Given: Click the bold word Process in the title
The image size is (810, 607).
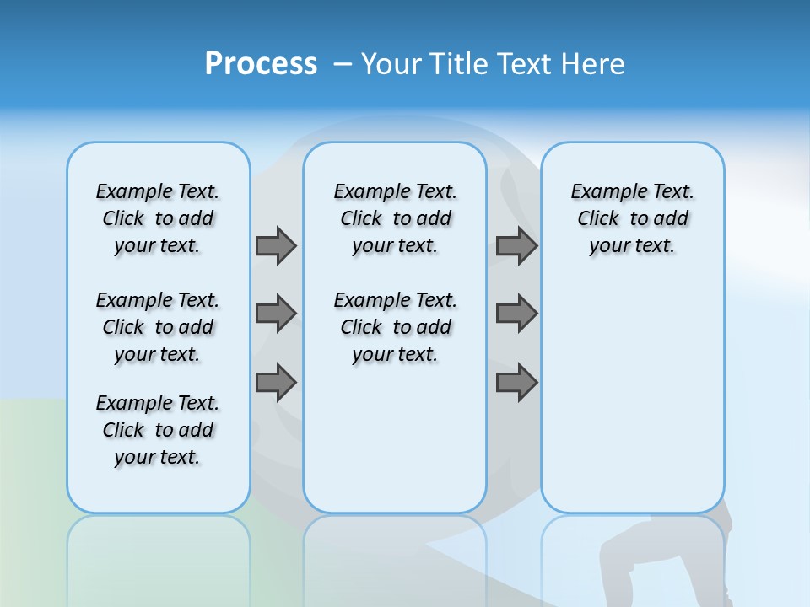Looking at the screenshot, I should coord(261,64).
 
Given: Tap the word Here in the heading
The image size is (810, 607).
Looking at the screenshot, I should coord(592,64).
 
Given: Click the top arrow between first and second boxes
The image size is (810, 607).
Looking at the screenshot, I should coord(276,245).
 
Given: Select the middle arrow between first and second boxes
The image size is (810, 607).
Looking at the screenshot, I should coord(276,314).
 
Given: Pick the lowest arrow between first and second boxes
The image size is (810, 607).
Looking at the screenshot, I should coord(276,383).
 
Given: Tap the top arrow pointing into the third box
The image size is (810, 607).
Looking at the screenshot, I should coord(516,245).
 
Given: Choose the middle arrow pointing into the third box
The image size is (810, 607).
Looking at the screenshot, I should coord(516,314).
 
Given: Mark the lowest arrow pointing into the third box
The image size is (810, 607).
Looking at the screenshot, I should coord(516,383).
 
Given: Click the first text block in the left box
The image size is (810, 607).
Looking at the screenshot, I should coord(158,218).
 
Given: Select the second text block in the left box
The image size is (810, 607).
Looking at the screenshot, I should coord(158,327).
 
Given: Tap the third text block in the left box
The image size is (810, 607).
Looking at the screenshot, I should coord(158,430).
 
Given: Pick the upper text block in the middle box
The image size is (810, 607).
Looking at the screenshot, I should coord(395,218).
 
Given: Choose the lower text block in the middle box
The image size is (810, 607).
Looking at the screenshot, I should coord(395,327).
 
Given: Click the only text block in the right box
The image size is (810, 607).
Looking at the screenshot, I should coord(632,218).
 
